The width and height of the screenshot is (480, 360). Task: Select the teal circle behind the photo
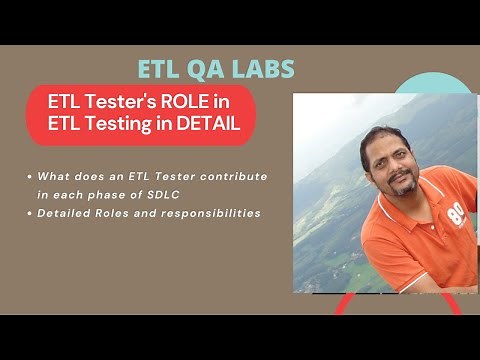coord(440,85)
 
